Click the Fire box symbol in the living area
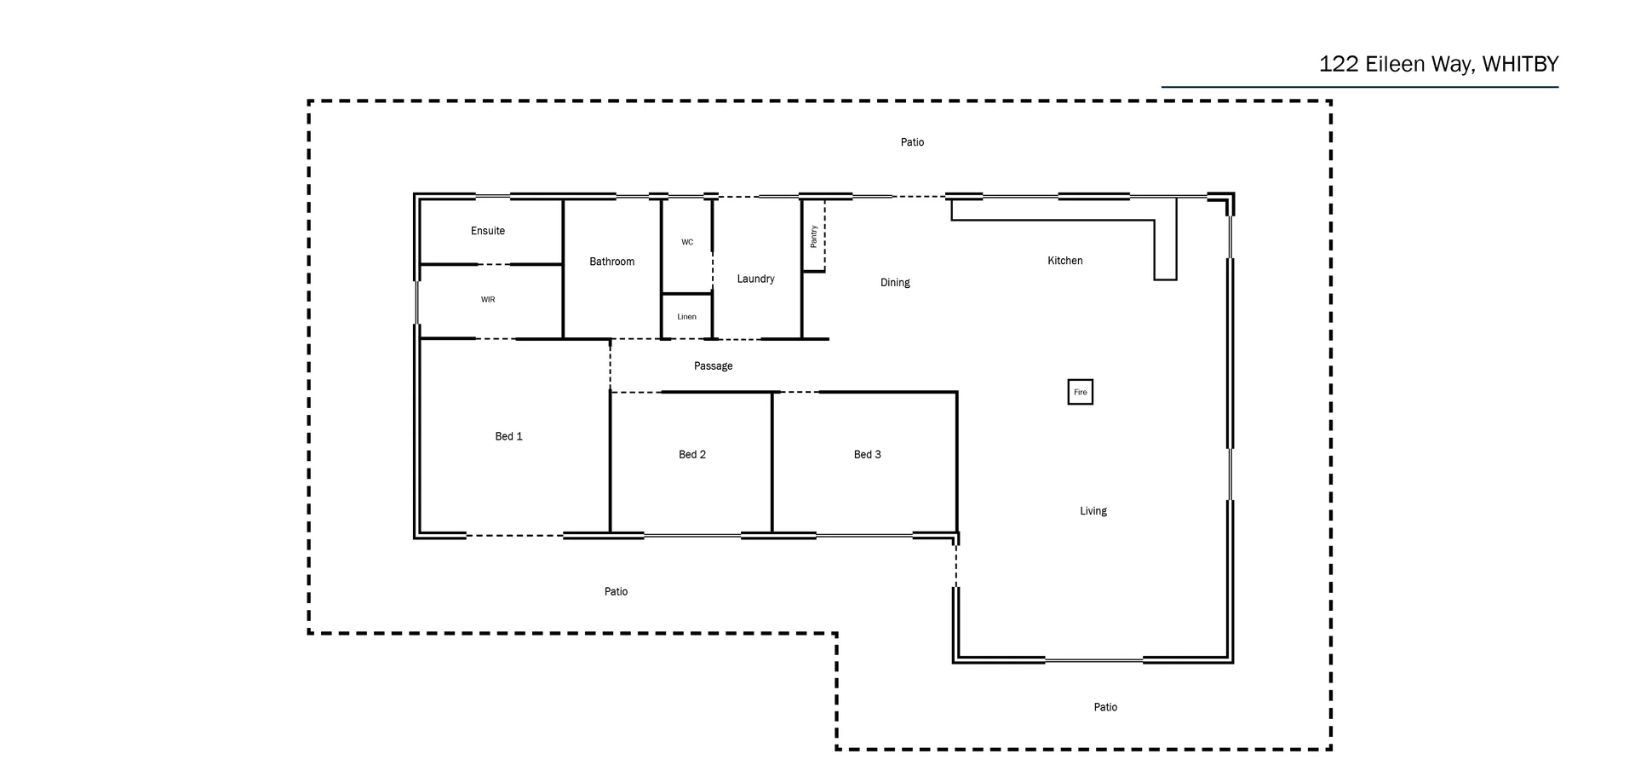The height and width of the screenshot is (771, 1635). click(x=1080, y=392)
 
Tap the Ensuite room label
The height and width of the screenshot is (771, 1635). click(x=487, y=231)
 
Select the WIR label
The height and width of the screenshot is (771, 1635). click(x=487, y=300)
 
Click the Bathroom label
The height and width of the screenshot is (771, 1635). click(x=611, y=262)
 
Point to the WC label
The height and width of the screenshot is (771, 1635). click(x=686, y=242)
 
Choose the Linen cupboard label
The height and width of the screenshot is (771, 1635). click(x=686, y=317)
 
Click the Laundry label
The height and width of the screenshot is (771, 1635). click(x=755, y=279)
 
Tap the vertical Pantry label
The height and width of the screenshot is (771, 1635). click(x=813, y=236)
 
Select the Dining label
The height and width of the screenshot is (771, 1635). click(x=894, y=283)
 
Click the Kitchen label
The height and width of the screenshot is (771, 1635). click(x=1064, y=261)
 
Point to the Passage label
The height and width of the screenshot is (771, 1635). click(x=713, y=366)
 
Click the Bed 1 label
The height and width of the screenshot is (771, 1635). click(x=508, y=436)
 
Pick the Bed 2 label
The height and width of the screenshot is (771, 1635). click(x=691, y=455)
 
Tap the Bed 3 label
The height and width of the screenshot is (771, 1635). click(x=867, y=455)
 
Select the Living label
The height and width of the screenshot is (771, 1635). click(x=1093, y=511)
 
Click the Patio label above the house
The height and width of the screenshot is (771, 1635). click(x=912, y=142)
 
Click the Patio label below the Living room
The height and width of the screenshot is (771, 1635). click(x=1104, y=707)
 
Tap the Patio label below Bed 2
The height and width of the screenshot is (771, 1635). click(x=616, y=591)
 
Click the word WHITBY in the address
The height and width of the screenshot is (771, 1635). click(x=1520, y=65)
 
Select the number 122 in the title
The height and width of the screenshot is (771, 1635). click(x=1339, y=65)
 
